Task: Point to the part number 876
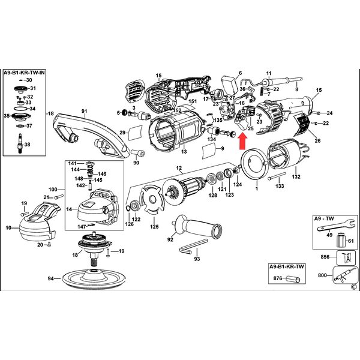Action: [x=277, y=278]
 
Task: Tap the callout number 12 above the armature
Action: [x=178, y=168]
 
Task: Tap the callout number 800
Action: [x=322, y=276]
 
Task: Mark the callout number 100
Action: [x=53, y=190]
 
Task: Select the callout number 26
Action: [x=317, y=141]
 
